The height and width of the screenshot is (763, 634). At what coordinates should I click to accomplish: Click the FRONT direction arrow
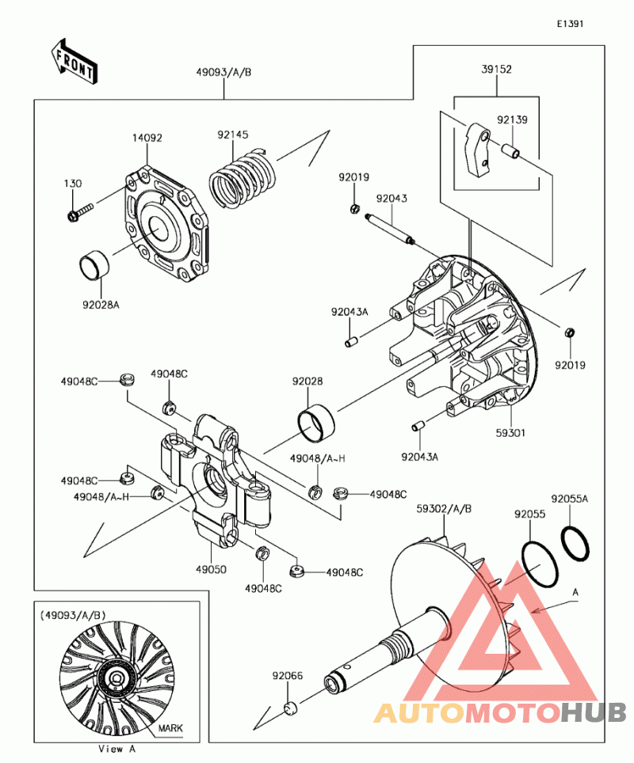(x=74, y=61)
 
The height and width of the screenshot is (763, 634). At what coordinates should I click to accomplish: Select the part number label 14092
(x=147, y=138)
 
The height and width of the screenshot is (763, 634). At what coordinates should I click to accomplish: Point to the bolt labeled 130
(x=80, y=211)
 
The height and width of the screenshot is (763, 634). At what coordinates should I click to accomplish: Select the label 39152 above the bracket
(x=496, y=70)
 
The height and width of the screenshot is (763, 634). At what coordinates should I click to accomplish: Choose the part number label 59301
(x=511, y=433)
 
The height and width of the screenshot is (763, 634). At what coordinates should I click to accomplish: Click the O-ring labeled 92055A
(x=575, y=542)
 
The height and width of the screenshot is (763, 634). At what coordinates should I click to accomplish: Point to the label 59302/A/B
(x=444, y=509)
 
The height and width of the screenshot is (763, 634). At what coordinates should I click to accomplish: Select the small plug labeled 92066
(x=290, y=706)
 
